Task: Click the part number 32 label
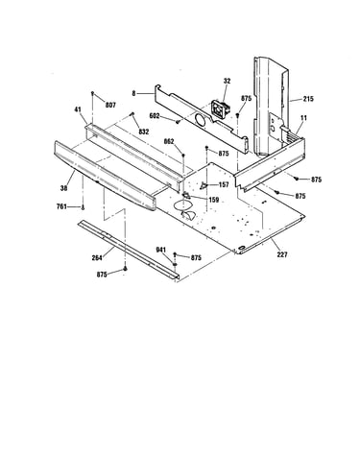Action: click(227, 81)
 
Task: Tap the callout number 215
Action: click(308, 99)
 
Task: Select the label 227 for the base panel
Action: click(282, 254)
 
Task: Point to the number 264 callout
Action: click(97, 257)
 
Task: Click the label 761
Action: click(61, 206)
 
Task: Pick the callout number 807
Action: click(110, 105)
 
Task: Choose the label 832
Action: click(144, 132)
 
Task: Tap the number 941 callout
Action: click(161, 250)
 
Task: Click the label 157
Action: click(224, 185)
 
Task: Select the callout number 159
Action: click(213, 200)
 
